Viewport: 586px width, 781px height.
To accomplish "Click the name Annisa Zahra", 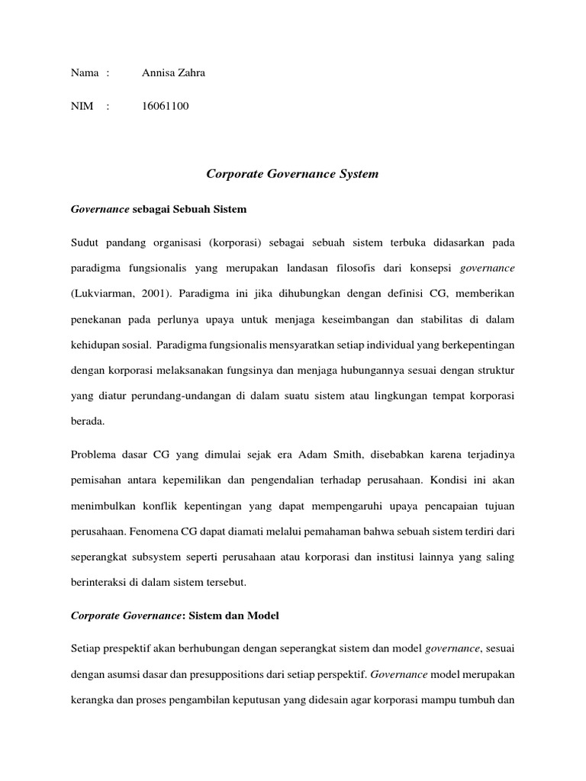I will [174, 73].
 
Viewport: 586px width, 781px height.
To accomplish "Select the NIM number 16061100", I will [165, 107].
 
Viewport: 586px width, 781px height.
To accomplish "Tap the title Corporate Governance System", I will [292, 175].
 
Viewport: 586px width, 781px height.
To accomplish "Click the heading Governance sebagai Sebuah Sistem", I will [159, 208].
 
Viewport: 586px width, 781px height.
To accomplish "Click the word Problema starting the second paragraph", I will [96, 455].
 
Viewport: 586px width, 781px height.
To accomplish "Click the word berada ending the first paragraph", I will [87, 420].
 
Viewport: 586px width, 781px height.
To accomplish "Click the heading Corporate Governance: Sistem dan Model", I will [175, 615].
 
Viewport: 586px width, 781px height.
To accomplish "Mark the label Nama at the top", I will [85, 73].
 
